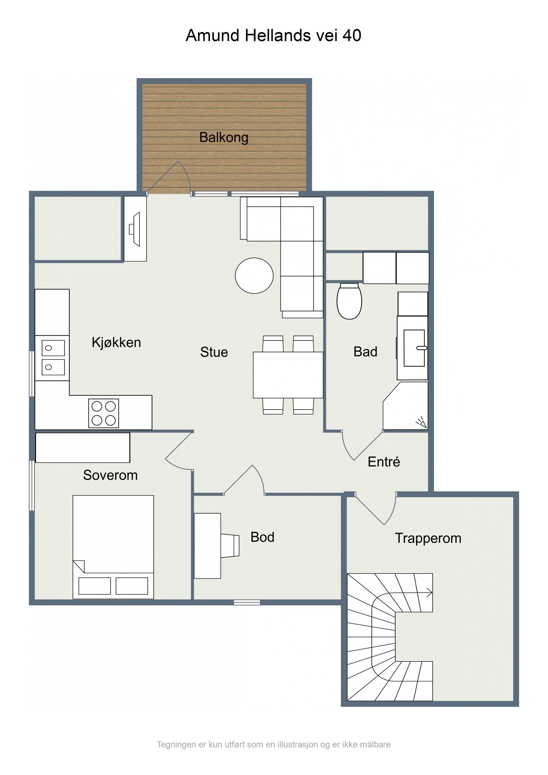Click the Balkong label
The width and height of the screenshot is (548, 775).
pyautogui.click(x=224, y=137)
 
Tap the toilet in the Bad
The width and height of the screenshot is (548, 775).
pyautogui.click(x=349, y=301)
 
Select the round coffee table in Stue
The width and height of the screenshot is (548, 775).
pyautogui.click(x=254, y=275)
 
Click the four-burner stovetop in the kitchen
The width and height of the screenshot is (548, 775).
pyautogui.click(x=103, y=413)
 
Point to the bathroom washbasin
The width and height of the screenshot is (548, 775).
pyautogui.click(x=414, y=348)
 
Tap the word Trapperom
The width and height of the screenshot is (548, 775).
pyautogui.click(x=428, y=538)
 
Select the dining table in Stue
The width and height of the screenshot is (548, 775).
pyautogui.click(x=288, y=375)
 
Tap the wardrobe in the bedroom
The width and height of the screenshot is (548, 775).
pyautogui.click(x=83, y=448)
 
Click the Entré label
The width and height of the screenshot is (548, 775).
pyautogui.click(x=384, y=462)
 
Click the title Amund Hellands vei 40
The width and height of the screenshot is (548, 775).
pyautogui.click(x=273, y=35)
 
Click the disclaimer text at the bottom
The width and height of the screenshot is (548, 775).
pyautogui.click(x=273, y=744)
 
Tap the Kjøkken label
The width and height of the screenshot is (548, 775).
pyautogui.click(x=116, y=342)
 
